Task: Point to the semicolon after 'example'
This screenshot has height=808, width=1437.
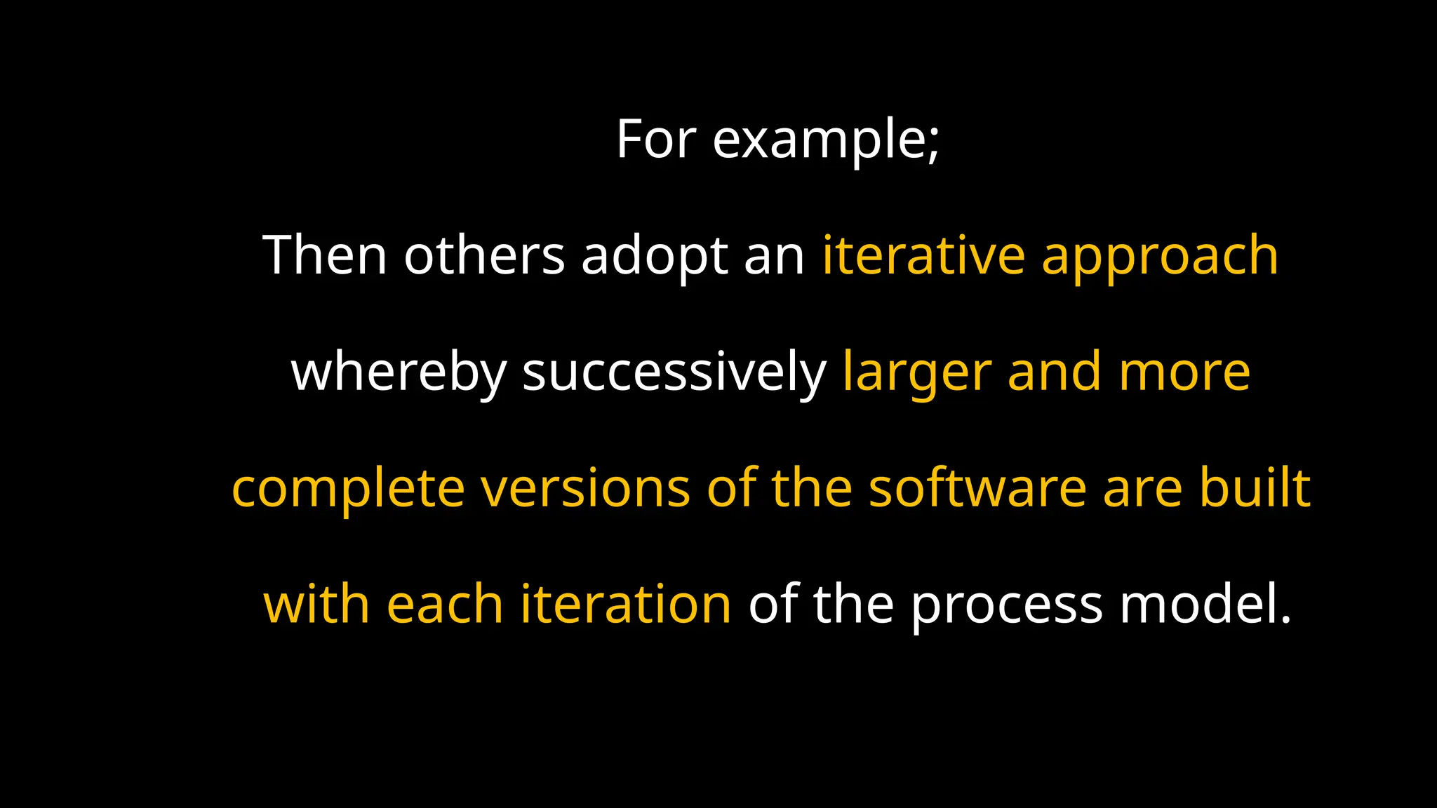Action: pyautogui.click(x=933, y=144)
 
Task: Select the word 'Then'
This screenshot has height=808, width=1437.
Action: pyautogui.click(x=325, y=255)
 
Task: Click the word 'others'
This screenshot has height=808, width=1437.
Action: pyautogui.click(x=484, y=255)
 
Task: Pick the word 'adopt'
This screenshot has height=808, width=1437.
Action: pyautogui.click(x=654, y=257)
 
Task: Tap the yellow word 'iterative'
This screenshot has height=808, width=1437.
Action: pyautogui.click(x=923, y=255)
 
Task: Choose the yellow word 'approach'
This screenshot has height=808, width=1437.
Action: pyautogui.click(x=1160, y=257)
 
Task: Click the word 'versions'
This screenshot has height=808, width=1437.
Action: pyautogui.click(x=586, y=488)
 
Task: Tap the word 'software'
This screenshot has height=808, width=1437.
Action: pyautogui.click(x=977, y=488)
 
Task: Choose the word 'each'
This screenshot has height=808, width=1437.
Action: pyautogui.click(x=445, y=605)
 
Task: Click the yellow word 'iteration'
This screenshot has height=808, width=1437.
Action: pyautogui.click(x=626, y=605)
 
